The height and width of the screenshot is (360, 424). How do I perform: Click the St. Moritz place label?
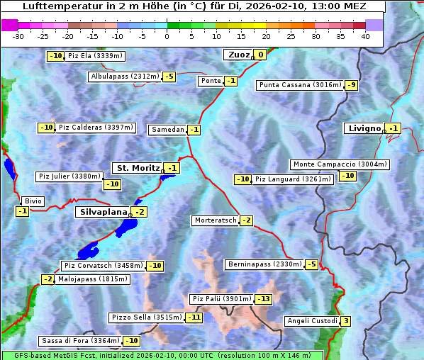[x=137, y=168]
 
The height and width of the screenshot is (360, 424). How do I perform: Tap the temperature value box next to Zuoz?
[x=260, y=55]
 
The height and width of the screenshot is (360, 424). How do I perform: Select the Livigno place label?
[x=364, y=128]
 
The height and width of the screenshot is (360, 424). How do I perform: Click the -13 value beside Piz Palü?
[x=264, y=299]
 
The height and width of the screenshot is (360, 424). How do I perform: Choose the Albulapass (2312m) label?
[x=125, y=77]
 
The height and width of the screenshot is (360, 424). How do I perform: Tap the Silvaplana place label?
[x=103, y=212]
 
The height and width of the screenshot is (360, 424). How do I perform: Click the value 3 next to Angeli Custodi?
[x=345, y=321]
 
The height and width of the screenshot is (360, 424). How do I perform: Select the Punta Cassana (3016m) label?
[x=300, y=85]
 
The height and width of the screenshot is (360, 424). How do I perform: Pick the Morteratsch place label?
[x=215, y=220]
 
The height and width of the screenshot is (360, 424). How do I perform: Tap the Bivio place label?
[x=33, y=201]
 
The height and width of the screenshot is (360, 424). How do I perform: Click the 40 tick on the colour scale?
[x=365, y=35]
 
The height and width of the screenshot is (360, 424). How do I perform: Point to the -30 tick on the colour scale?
[x=18, y=35]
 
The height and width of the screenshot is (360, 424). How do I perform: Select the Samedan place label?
[x=168, y=130]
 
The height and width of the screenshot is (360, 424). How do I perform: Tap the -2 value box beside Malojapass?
[x=48, y=279]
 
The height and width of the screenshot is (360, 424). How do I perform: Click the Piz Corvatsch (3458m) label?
[x=103, y=266]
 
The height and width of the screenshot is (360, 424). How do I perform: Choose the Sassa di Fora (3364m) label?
[x=80, y=341]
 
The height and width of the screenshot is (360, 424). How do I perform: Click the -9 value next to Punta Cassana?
[x=352, y=85]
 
